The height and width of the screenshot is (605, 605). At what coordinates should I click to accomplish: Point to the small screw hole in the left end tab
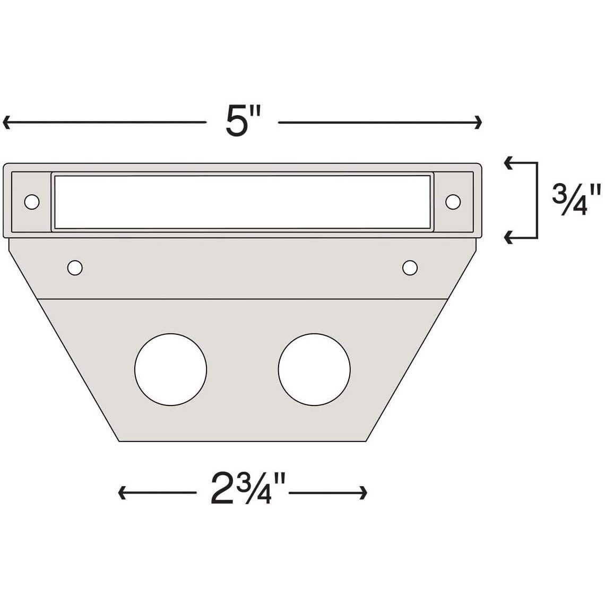click(31, 202)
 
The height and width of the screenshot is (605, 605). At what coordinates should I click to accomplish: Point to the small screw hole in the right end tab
click(453, 202)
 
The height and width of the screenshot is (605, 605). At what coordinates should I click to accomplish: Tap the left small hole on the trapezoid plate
click(75, 267)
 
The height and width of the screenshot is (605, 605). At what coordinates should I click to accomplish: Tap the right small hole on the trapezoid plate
click(409, 267)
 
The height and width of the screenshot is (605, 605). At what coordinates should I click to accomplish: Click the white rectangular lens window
click(242, 202)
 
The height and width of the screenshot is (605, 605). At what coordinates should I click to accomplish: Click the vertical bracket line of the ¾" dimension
click(537, 200)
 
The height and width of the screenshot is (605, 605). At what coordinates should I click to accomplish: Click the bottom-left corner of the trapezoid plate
click(119, 441)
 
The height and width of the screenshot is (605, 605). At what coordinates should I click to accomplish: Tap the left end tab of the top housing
click(31, 202)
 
